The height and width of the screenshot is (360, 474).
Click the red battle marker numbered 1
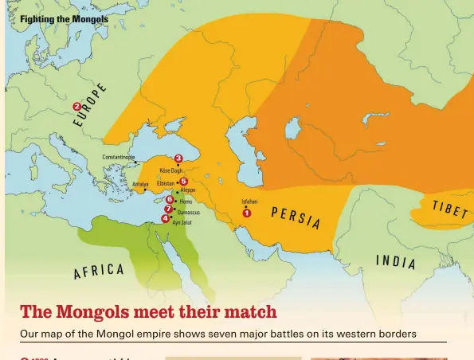tap(247, 213)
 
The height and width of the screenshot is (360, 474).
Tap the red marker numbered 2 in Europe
tap(76, 107)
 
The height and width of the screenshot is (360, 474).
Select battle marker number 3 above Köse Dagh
tap(178, 159)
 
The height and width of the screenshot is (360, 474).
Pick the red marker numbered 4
tap(166, 218)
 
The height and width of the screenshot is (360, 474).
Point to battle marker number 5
tap(183, 182)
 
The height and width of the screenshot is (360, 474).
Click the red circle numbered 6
tap(170, 200)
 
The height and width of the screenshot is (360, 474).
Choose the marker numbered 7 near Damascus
tap(168, 209)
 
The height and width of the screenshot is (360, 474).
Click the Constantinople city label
tap(119, 158)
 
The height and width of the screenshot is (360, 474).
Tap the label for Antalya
tap(140, 185)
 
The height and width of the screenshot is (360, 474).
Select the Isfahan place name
tap(249, 202)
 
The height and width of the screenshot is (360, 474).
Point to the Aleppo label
tap(188, 191)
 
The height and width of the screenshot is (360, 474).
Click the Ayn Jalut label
tap(182, 223)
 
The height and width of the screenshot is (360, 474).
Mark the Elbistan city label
tap(166, 183)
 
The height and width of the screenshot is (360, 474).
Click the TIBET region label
tap(449, 209)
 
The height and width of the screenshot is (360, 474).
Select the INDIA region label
tap(395, 261)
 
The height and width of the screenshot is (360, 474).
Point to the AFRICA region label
tap(99, 272)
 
